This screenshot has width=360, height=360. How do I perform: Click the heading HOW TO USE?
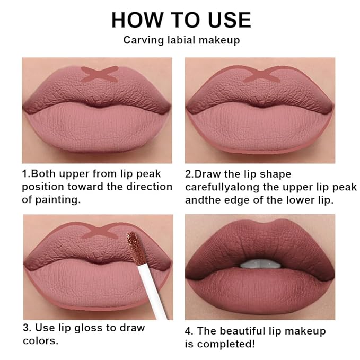point(181,20)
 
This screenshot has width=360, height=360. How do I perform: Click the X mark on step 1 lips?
point(99,74)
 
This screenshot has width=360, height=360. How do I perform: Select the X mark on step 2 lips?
point(259,74)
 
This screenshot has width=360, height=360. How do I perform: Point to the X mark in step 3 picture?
point(99,231)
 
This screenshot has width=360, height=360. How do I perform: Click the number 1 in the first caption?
point(25,174)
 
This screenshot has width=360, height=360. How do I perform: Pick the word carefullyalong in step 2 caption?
point(222,187)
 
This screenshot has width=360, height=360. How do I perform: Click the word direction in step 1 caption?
point(151,187)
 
